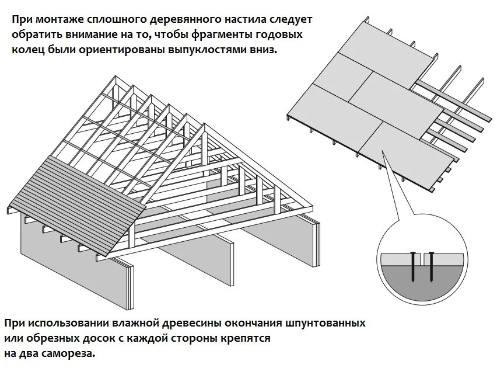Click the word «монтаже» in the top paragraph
[61, 19]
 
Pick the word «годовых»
[277, 34]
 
